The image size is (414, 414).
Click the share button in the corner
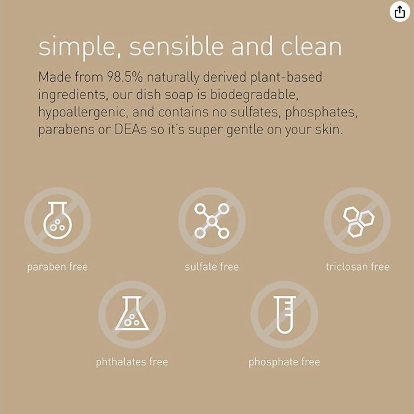400,12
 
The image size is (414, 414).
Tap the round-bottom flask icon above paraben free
58,221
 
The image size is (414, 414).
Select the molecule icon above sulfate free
212,221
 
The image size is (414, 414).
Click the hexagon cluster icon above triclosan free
357,221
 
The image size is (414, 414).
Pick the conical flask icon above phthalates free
132,314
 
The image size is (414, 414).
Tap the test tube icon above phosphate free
284,314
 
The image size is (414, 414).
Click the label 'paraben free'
58,267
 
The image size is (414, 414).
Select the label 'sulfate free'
212,267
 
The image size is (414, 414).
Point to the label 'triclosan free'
357,267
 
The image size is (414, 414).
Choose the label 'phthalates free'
132,362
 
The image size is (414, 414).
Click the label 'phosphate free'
284,362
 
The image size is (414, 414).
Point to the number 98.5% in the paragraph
125,77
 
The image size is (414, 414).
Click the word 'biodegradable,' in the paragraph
254,94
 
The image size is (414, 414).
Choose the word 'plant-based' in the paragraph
286,77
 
